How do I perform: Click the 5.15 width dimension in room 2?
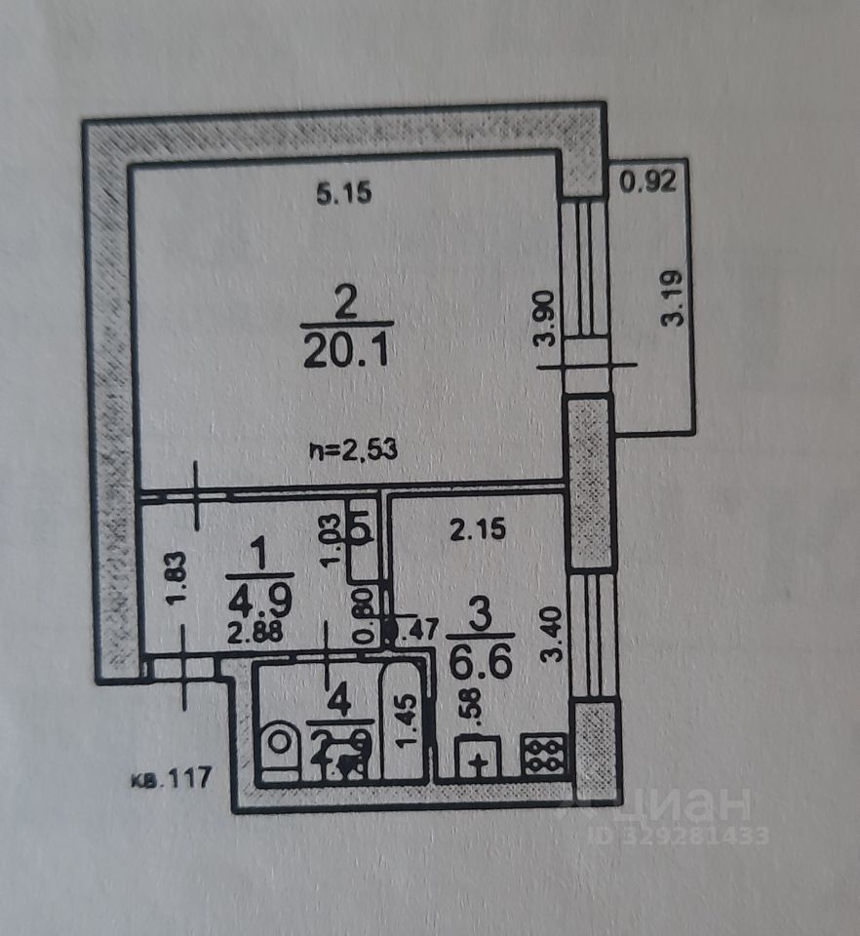[344, 194]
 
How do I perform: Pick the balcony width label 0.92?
[648, 181]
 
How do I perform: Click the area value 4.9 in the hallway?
[250, 594]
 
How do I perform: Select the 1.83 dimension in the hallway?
[174, 579]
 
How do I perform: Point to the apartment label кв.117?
[171, 779]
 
